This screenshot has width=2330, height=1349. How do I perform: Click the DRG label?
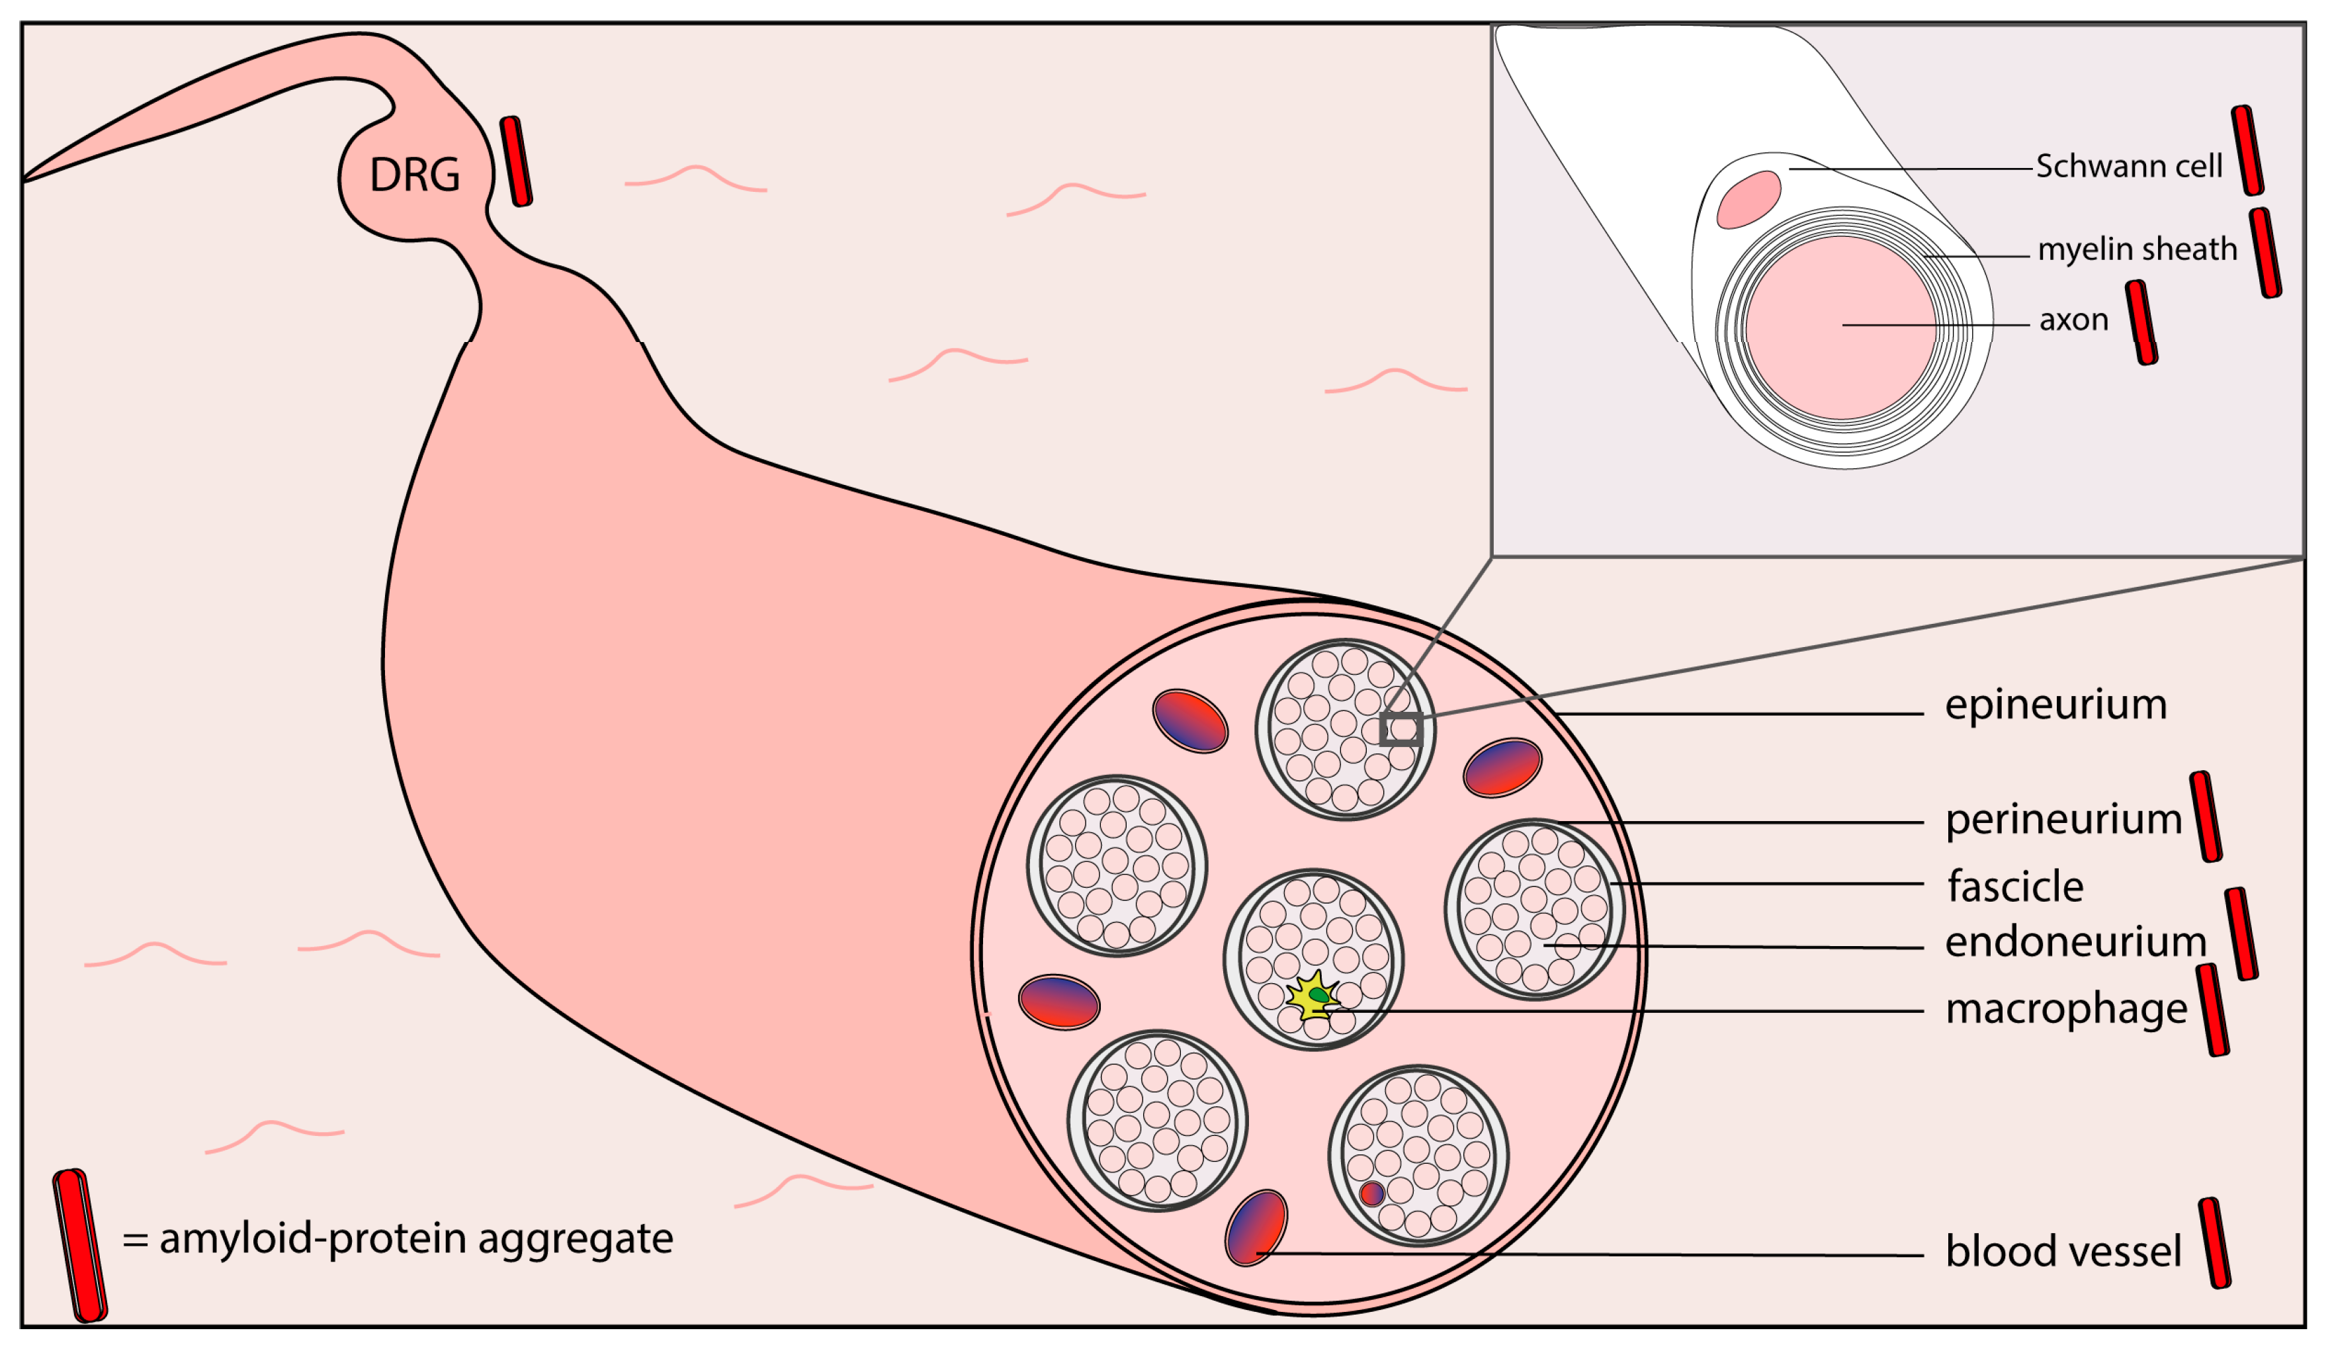[414, 175]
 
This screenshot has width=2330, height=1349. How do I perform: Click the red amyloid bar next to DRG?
[516, 162]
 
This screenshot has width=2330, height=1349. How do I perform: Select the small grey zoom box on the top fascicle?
[1401, 730]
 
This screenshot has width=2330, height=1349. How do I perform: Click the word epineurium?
[2055, 705]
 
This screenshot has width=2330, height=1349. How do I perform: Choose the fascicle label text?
[2016, 887]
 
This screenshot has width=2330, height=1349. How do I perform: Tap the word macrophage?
[2065, 1009]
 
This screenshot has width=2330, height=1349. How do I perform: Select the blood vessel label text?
[2063, 1252]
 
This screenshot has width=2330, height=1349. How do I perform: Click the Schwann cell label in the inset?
[2128, 167]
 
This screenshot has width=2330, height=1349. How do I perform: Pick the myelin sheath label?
[2137, 249]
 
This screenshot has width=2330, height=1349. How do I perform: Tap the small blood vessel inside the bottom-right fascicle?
[1372, 1194]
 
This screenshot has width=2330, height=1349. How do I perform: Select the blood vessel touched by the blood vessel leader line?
[1255, 1228]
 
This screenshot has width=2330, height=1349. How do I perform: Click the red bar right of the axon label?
[2141, 323]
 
